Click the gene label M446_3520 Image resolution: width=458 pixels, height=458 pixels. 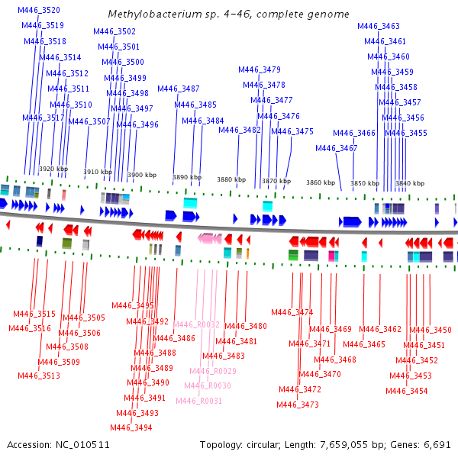39,10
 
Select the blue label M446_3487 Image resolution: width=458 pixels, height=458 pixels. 179,89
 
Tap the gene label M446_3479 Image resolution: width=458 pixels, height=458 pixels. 260,69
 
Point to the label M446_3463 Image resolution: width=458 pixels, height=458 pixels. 379,26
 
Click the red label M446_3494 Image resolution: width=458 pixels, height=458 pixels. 131,427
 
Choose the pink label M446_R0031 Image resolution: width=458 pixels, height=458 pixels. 199,401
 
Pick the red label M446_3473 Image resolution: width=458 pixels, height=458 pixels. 298,405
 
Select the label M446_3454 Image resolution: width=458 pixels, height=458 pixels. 407,391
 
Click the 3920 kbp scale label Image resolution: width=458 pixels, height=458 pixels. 53,169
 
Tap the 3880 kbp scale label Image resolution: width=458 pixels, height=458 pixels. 231,179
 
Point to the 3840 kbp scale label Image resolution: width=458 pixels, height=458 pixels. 410,183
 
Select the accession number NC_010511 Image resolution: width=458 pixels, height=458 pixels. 82,445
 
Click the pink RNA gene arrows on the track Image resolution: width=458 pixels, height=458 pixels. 210,238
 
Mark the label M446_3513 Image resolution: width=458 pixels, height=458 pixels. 39,376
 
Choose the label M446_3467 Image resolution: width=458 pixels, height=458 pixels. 337,148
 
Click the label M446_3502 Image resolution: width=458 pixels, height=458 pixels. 114,31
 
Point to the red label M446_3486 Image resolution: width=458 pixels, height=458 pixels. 174,338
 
